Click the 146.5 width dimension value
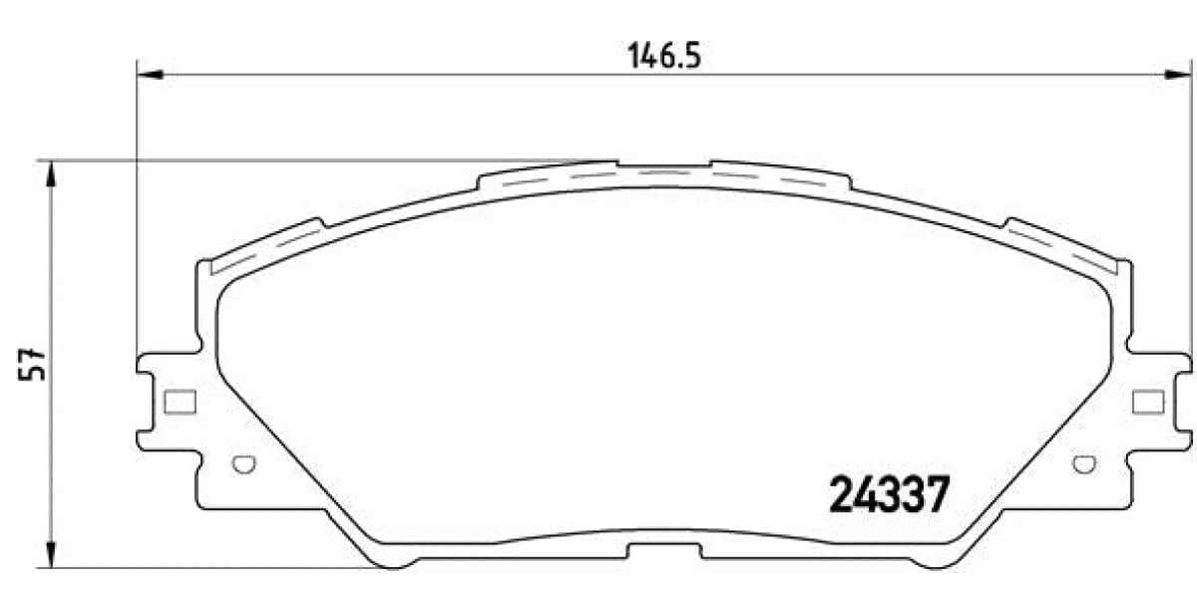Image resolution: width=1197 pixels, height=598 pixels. pos(664,56)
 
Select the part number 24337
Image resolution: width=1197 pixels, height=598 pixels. pos(886,494)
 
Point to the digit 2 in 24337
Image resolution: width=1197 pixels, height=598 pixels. pos(842,494)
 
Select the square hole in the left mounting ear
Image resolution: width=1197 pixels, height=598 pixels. pos(179,402)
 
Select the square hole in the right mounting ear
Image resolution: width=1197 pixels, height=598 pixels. pos(1148,402)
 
